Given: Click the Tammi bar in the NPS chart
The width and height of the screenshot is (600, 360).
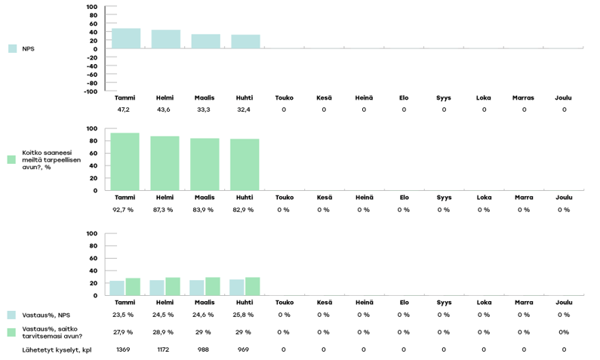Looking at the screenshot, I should (125, 38).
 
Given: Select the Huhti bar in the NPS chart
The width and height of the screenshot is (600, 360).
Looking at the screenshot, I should (245, 42).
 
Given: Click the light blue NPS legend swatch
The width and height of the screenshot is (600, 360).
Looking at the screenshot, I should (12, 48).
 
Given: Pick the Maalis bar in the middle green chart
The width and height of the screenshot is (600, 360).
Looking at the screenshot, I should (204, 164).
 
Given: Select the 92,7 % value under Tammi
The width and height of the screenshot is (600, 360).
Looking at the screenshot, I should (125, 210).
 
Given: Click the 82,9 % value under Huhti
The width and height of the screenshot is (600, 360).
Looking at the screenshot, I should (244, 210).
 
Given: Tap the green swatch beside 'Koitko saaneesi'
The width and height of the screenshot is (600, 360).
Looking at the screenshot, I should (11, 160).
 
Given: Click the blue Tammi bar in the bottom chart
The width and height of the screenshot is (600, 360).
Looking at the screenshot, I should (117, 288).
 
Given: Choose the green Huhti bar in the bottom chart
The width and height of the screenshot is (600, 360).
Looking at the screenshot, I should (252, 286).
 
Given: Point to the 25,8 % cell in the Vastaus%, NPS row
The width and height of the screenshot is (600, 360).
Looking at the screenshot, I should (244, 315).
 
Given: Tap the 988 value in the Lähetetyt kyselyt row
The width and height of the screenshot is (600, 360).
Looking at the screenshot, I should (204, 349).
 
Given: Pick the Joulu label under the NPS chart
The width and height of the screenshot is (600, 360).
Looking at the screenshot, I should (563, 97).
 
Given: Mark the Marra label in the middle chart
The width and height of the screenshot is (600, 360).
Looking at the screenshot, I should (523, 198).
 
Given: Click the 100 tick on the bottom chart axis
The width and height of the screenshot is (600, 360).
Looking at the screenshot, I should (91, 234).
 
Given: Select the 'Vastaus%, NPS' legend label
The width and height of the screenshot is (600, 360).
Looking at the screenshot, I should (44, 315).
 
